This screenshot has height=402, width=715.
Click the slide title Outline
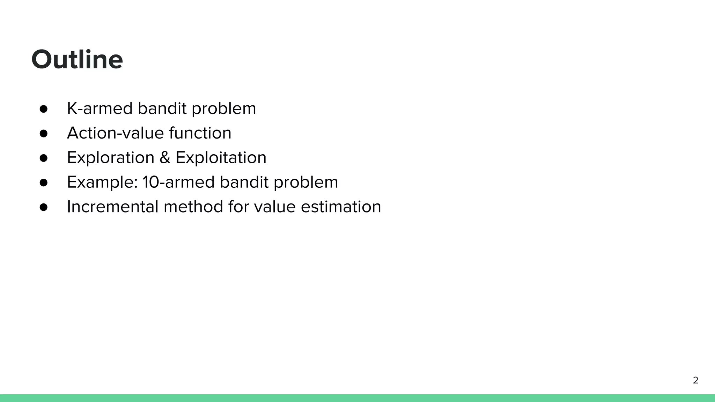(77, 59)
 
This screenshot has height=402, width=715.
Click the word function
(200, 133)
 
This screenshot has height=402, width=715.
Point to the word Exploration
(111, 158)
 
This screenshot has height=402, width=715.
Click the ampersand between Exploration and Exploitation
(165, 158)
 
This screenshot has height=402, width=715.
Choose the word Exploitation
(221, 158)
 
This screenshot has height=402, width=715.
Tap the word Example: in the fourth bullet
(102, 182)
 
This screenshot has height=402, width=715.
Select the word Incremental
(113, 207)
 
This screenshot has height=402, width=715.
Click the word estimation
(341, 207)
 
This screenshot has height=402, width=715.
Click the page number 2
(695, 380)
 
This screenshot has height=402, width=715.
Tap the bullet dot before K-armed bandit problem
(44, 109)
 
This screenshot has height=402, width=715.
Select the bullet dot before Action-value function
(44, 133)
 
